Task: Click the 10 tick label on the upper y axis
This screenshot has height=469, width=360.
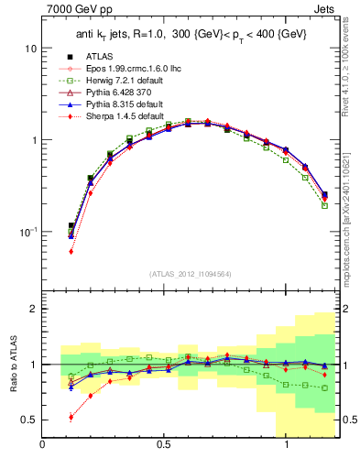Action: (30, 48)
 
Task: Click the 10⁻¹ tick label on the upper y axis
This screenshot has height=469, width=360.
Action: (27, 232)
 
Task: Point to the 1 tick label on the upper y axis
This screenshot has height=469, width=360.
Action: (33, 140)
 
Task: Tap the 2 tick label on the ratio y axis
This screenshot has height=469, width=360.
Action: (33, 309)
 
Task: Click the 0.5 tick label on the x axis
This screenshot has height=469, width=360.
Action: (164, 446)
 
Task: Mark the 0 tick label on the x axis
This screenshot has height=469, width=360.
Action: (43, 446)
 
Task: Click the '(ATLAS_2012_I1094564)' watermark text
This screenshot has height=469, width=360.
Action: (191, 274)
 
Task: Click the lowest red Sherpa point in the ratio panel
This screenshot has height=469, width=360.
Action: (71, 417)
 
